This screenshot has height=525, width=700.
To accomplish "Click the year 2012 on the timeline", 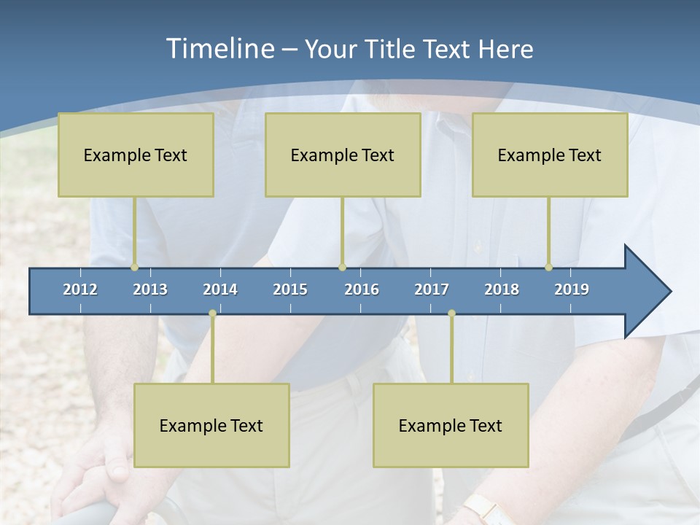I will (x=80, y=289).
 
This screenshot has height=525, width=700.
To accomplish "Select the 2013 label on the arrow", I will (x=150, y=289).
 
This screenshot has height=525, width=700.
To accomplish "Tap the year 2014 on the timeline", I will (x=220, y=289).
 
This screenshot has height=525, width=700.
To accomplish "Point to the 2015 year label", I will (x=290, y=289).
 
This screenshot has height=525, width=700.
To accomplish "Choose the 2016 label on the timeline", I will (x=362, y=289).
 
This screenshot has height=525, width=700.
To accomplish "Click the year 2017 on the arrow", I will (x=432, y=289).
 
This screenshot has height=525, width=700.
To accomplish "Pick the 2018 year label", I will (x=502, y=289).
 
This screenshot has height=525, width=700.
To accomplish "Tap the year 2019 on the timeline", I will (x=572, y=289).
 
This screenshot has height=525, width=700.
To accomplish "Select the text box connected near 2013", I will (x=136, y=155).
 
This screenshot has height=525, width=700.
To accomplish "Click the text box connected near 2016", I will (x=343, y=155).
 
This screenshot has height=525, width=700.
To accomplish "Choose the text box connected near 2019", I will (x=550, y=155).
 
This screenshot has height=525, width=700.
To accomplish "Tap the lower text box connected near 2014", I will (x=211, y=425).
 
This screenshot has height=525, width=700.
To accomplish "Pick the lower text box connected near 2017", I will (x=451, y=425).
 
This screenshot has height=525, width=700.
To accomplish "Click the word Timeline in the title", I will (x=219, y=49).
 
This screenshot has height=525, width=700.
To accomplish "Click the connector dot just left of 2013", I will (x=135, y=268).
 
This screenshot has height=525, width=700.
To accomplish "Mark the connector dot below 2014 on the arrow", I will (x=212, y=314).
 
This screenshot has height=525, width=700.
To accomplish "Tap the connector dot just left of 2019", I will (x=549, y=268).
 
